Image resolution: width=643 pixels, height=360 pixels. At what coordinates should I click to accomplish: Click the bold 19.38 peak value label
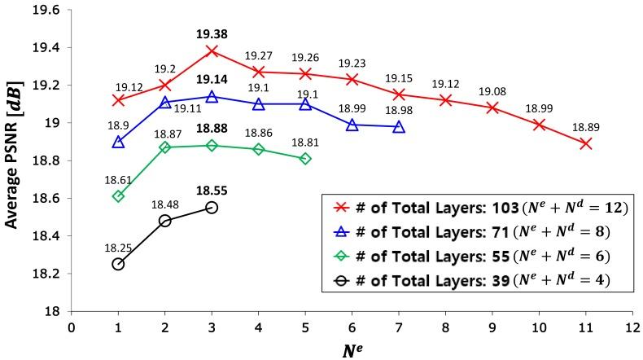(212, 35)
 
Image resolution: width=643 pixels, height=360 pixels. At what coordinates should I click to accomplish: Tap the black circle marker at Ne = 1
(119, 264)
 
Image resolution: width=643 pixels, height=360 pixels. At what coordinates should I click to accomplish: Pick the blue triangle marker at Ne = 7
(399, 127)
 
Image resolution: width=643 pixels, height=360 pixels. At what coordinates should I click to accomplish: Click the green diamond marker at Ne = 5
(305, 158)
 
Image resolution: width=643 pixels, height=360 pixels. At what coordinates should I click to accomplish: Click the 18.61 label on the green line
(119, 178)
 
